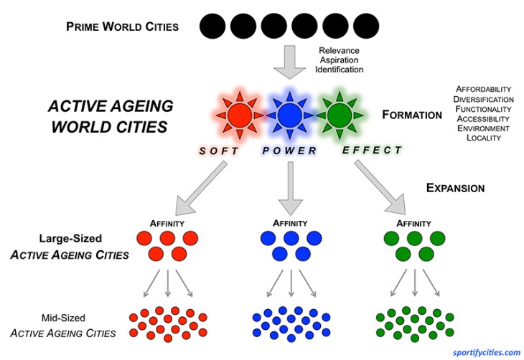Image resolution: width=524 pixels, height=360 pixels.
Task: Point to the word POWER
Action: [x=289, y=150]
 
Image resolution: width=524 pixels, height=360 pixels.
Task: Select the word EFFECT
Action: [x=372, y=150]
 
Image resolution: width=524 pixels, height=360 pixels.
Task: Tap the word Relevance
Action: [x=340, y=51]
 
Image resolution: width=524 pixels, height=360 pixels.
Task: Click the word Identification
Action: [x=340, y=70]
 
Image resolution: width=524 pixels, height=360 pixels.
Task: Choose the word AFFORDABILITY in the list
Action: [x=483, y=90]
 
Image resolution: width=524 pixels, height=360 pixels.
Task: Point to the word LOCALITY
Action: [x=484, y=137]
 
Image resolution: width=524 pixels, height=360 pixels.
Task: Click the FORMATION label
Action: [x=412, y=114]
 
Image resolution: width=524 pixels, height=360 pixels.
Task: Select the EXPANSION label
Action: [x=455, y=188]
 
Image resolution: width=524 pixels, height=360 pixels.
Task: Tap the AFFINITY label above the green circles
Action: [x=415, y=223]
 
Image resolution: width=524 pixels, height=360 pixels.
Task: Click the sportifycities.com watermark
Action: [x=487, y=351]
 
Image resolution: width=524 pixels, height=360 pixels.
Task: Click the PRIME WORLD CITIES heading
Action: [x=122, y=27]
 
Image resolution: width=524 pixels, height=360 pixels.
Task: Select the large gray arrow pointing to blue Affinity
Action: [x=291, y=186]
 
